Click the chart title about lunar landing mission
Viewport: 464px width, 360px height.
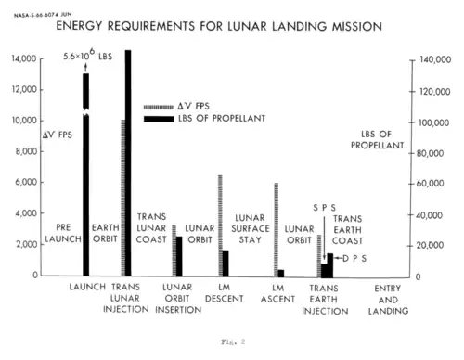(x=219, y=26)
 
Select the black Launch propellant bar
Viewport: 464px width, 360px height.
(x=85, y=174)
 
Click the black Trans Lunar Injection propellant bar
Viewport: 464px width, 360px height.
(x=128, y=163)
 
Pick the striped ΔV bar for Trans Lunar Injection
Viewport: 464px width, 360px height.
(x=122, y=198)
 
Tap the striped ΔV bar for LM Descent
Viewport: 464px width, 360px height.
(x=220, y=225)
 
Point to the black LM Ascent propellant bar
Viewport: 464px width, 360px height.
(x=281, y=273)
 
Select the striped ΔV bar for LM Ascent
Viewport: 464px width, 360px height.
(x=277, y=229)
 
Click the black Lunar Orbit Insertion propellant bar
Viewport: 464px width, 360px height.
(x=179, y=256)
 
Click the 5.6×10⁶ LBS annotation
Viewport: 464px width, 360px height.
(x=88, y=55)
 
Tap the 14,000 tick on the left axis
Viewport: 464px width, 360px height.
(x=24, y=58)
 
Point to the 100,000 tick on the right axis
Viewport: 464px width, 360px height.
(x=433, y=122)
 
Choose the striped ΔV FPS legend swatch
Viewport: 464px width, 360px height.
(x=159, y=108)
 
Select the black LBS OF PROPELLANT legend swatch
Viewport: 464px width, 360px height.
(x=159, y=119)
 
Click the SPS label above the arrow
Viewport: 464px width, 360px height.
(x=324, y=208)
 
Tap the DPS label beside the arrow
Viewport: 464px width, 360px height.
(x=354, y=258)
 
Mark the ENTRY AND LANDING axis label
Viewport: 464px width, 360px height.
(x=388, y=300)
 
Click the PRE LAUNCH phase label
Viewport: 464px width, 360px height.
(x=63, y=233)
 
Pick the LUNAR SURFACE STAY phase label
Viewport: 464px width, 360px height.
(x=251, y=229)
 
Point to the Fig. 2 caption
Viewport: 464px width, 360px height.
(x=233, y=341)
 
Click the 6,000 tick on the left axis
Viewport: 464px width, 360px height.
(x=26, y=182)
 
